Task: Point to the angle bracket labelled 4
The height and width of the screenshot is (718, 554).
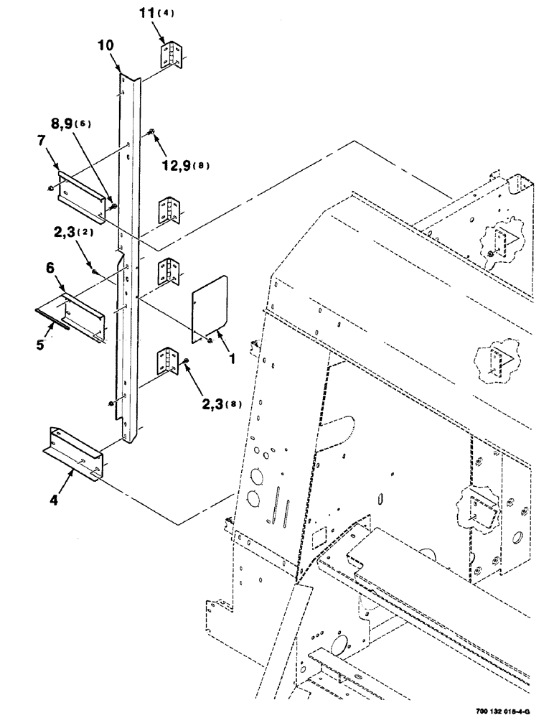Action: coord(75,452)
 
